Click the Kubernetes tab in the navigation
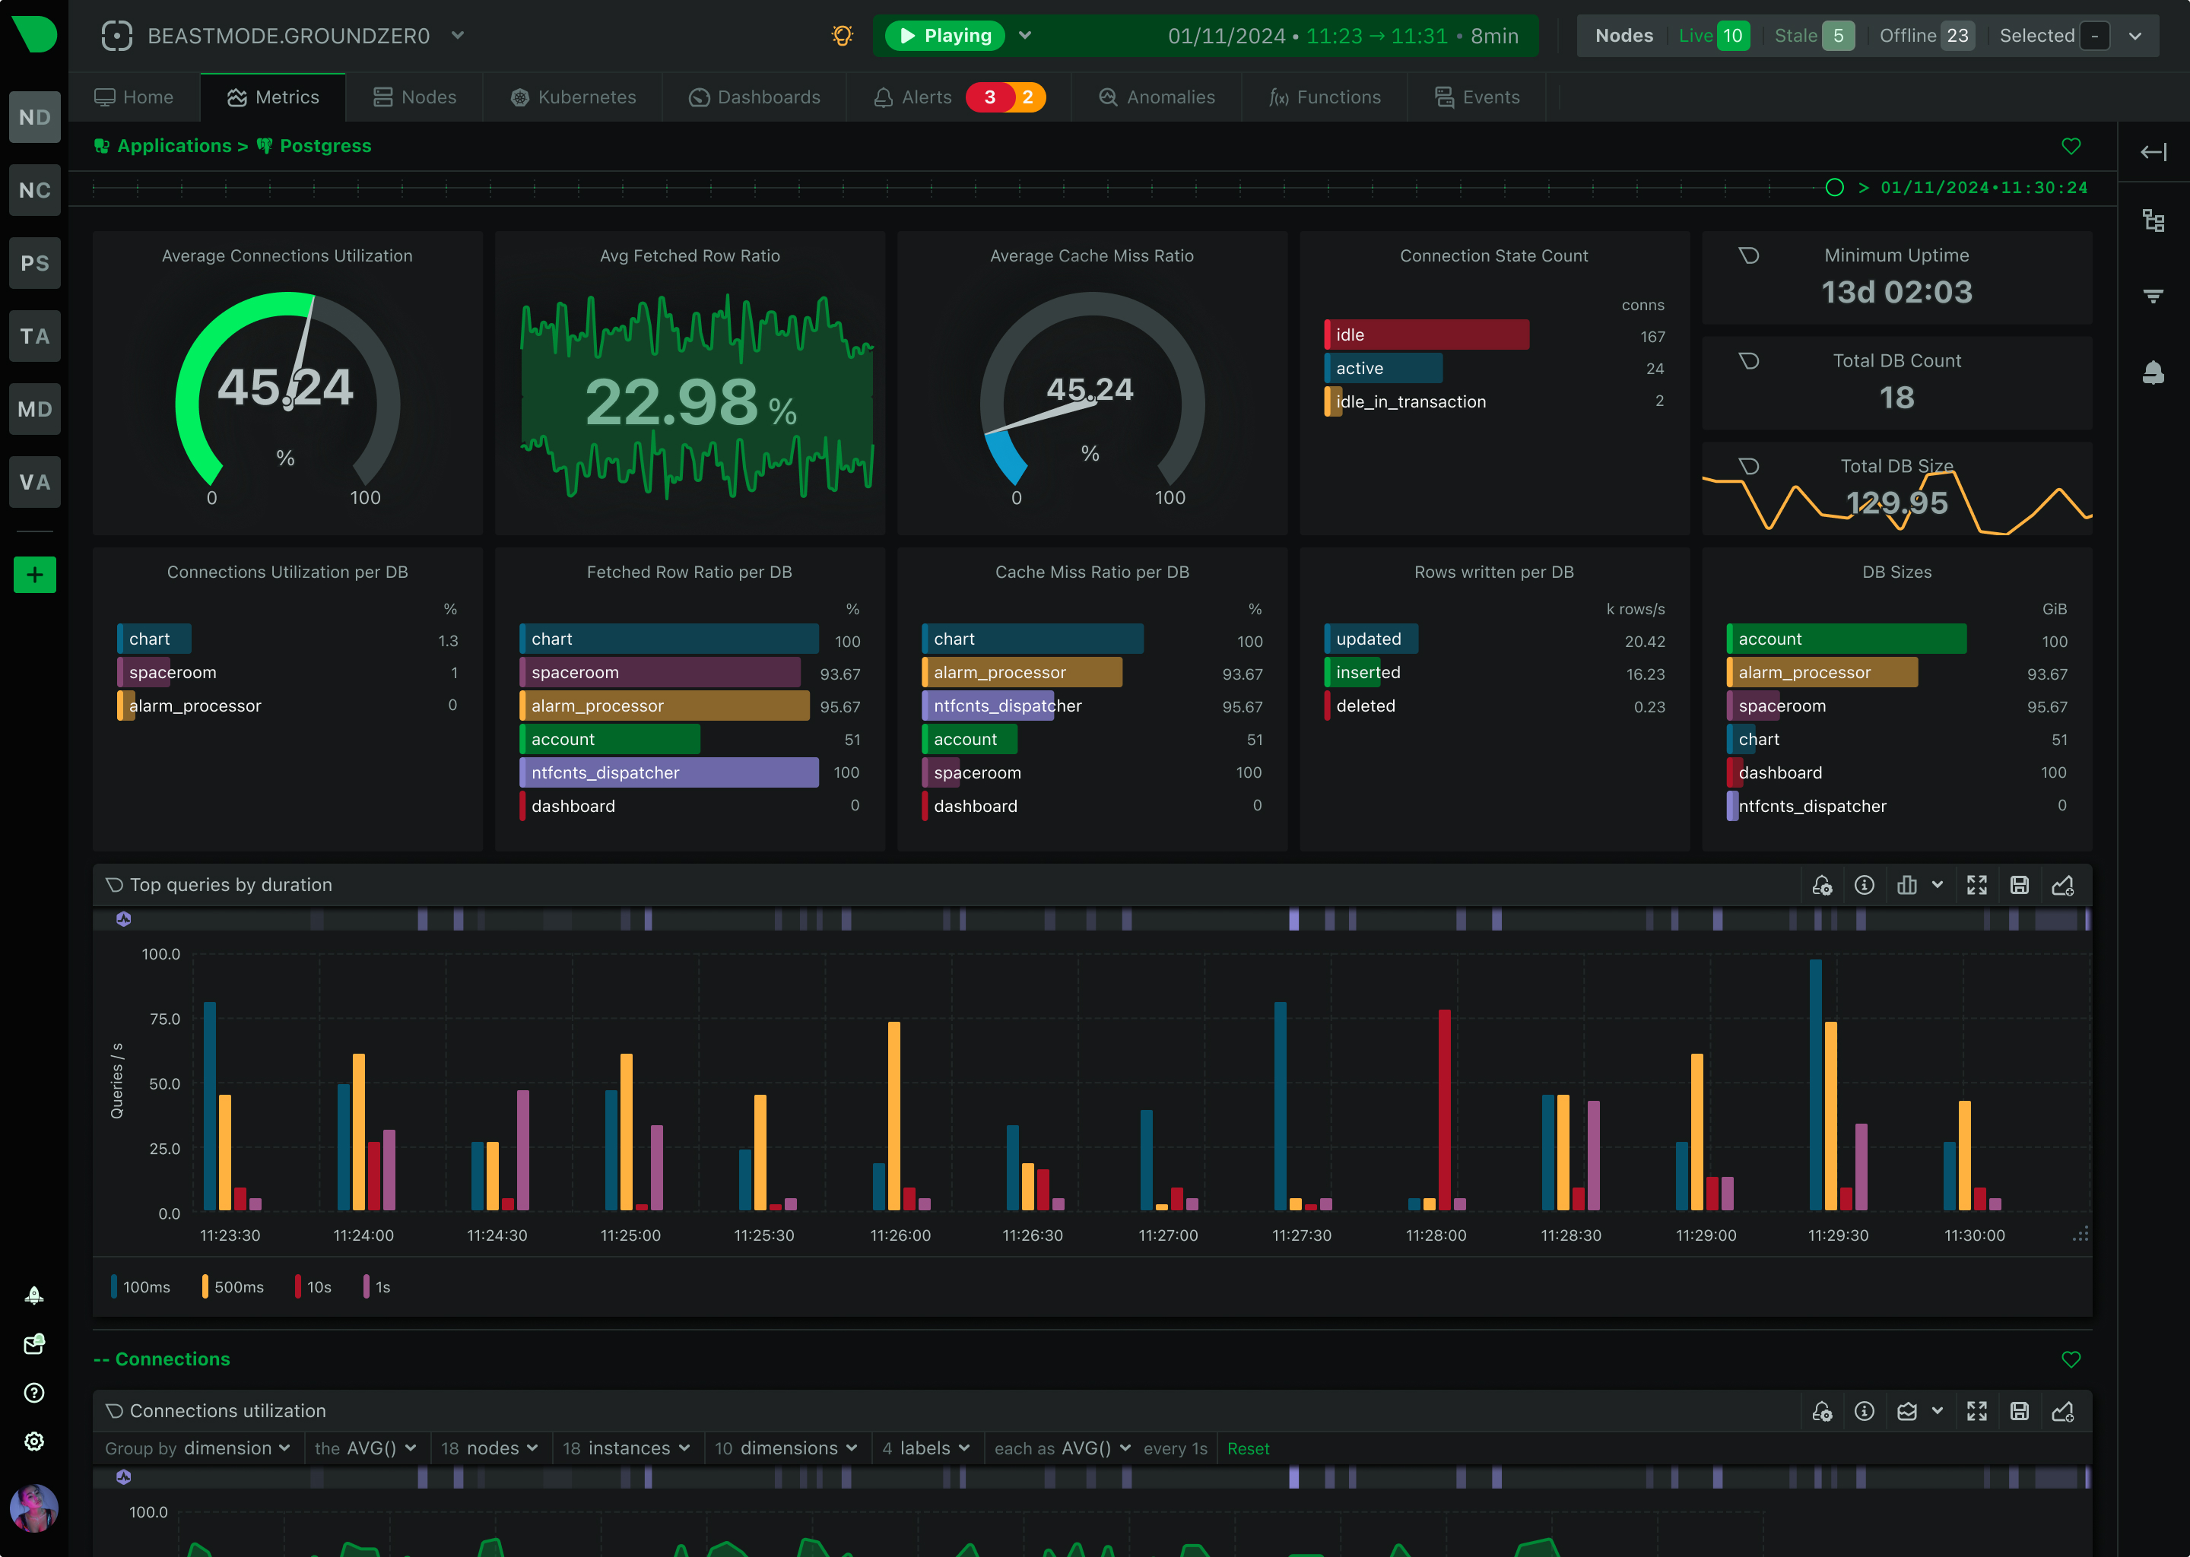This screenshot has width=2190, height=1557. tap(573, 97)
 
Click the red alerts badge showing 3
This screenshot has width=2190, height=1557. tap(989, 97)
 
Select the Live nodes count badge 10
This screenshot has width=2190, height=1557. tap(1731, 36)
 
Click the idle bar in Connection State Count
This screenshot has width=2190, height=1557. tap(1426, 335)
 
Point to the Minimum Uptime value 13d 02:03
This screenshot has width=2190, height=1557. tap(1896, 291)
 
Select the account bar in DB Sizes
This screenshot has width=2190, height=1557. tap(1845, 639)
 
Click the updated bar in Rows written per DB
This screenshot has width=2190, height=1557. tap(1370, 639)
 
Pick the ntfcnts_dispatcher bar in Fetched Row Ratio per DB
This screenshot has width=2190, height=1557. tap(668, 772)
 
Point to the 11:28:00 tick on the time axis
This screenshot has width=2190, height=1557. tap(1436, 1235)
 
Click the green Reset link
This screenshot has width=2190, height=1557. tap(1247, 1448)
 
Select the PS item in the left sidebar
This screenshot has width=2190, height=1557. tap(34, 263)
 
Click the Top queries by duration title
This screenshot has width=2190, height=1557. tap(230, 885)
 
